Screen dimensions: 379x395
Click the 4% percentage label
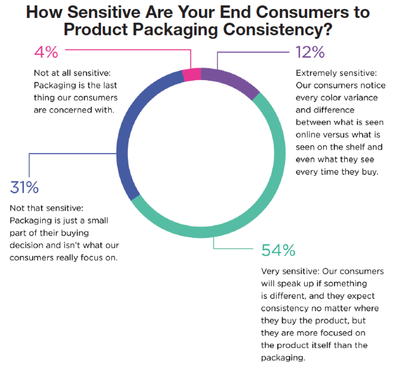tap(46, 53)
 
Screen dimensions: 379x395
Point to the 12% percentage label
tap(310, 53)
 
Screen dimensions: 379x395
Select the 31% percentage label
tap(24, 188)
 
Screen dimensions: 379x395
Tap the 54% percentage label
tap(278, 250)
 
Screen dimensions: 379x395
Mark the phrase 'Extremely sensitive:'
tap(336, 73)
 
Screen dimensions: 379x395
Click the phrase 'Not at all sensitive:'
tap(72, 73)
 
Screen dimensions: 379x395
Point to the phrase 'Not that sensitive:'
tap(46, 208)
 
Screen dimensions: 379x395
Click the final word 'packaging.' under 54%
tap(283, 358)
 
